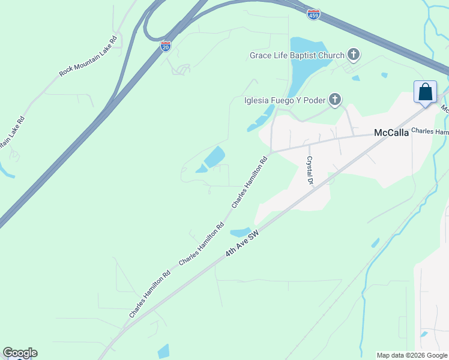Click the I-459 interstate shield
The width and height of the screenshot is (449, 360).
(313, 14)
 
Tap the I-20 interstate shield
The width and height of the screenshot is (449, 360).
(166, 46)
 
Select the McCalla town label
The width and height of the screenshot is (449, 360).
(391, 133)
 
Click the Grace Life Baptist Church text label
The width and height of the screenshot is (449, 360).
(297, 56)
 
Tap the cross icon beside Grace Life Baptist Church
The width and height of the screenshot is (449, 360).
(354, 55)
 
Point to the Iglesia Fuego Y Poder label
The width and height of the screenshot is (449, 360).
(285, 100)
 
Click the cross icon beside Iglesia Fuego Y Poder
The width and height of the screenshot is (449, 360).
(335, 100)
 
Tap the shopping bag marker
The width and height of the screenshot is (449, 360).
(425, 92)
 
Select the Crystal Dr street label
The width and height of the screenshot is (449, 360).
(310, 170)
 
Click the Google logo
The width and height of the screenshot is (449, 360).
(20, 353)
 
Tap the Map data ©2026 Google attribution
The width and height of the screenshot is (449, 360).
(412, 355)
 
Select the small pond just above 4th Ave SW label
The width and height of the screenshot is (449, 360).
(240, 232)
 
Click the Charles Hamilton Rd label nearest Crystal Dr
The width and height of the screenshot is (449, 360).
(249, 182)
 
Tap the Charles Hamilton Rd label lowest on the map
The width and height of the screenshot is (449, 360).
(150, 294)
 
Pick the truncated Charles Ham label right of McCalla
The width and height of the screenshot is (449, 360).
(430, 131)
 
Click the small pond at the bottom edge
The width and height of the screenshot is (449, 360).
(163, 352)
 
